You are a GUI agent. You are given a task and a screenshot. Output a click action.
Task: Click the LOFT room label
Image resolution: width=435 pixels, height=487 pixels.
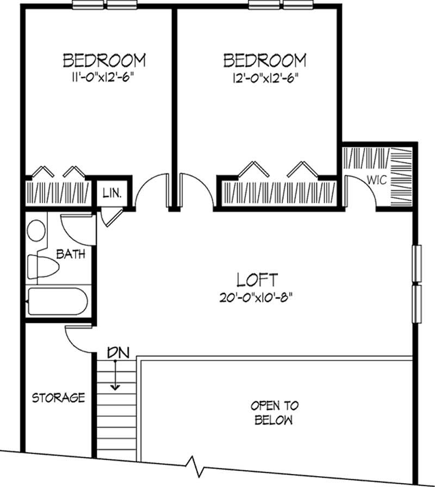(x=258, y=280)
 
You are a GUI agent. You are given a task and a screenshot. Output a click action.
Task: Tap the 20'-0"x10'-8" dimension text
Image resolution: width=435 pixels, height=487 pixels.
(x=258, y=297)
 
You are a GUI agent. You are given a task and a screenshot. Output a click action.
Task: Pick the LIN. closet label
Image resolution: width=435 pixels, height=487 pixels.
(x=112, y=193)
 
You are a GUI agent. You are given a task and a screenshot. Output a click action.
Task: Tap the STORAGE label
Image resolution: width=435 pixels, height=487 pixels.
(x=58, y=397)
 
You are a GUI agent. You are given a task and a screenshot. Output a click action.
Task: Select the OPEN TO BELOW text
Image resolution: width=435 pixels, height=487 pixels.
(x=274, y=413)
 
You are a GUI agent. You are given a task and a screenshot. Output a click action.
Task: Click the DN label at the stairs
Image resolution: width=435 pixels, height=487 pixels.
(x=117, y=352)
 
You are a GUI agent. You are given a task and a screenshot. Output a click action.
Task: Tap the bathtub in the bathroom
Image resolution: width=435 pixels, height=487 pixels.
(x=57, y=302)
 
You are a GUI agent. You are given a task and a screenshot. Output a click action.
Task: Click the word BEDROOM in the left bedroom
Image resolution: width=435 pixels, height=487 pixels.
(x=104, y=59)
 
